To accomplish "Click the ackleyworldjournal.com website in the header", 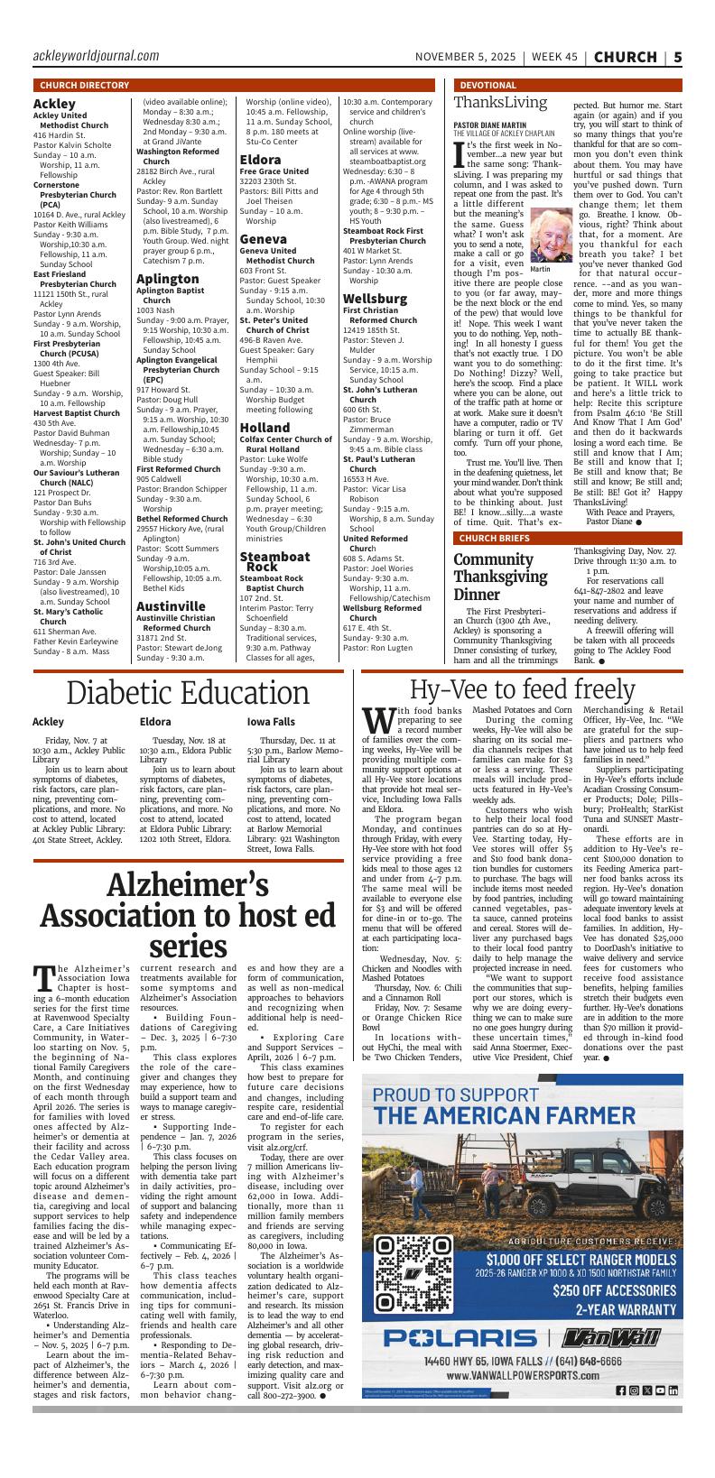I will [x=96, y=56].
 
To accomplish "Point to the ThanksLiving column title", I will [x=500, y=103].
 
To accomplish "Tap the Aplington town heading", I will [x=168, y=279].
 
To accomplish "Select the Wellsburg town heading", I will [x=375, y=298].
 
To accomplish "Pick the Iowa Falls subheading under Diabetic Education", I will [x=271, y=722].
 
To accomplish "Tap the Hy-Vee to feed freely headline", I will [x=522, y=689].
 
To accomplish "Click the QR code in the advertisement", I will [x=413, y=1272].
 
